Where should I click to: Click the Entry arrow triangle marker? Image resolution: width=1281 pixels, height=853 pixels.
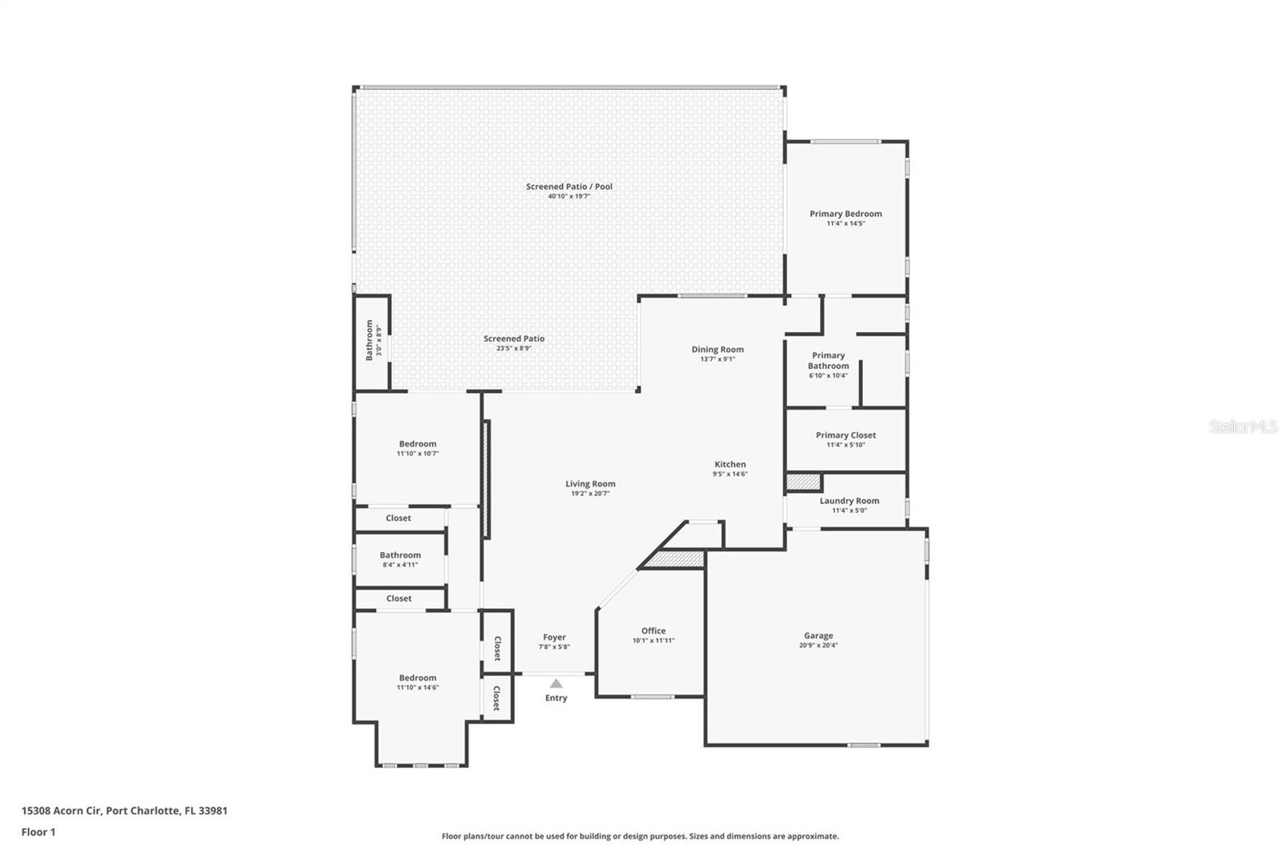pos(556,683)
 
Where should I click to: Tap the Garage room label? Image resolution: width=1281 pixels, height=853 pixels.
pos(818,635)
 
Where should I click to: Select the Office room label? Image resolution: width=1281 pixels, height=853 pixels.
pos(653,631)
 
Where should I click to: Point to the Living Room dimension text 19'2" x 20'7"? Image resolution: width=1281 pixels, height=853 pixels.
pos(590,494)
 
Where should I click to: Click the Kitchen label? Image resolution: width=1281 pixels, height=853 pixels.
pos(730,464)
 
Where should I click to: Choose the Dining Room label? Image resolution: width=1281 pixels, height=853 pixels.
pos(717,350)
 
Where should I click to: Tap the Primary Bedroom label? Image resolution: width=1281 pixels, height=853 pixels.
pos(845,214)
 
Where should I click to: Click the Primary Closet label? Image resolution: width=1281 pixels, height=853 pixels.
pos(845,435)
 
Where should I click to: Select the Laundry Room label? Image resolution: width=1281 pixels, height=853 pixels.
pos(849,501)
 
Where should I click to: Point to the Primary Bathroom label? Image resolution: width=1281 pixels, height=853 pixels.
pos(828,361)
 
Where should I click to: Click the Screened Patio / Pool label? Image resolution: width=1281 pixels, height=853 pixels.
pos(569,186)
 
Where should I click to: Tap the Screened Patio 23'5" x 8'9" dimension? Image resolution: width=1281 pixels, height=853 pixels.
pos(514,348)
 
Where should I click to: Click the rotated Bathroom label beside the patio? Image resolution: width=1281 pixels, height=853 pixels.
pos(369,340)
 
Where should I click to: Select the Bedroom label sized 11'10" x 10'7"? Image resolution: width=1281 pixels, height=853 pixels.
pos(417,443)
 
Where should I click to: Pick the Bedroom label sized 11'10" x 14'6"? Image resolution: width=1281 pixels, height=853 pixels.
pos(417,678)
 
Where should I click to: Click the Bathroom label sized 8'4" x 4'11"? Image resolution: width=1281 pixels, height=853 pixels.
pos(400,555)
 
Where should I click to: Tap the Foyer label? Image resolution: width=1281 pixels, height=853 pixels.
pos(554,637)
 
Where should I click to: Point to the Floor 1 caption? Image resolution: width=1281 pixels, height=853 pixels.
pos(38,832)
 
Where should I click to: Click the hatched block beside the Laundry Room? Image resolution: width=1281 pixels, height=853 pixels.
pos(804,483)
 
